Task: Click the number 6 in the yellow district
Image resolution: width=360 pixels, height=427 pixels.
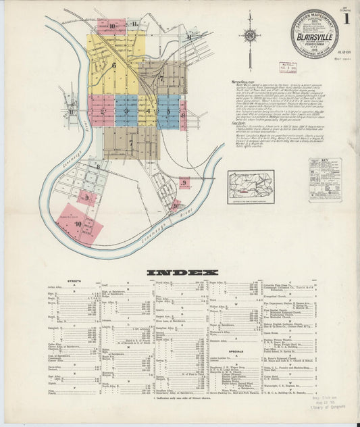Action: coord(115,66)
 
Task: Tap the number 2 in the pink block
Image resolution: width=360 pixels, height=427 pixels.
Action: coord(103,111)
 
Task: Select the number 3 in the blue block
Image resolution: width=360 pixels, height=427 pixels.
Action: coord(126,111)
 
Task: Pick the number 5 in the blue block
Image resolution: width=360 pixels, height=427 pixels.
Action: coord(168,110)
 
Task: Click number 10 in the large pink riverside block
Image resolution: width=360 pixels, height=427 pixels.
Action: coord(78,224)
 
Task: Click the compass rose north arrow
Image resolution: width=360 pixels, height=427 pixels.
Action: coord(250,35)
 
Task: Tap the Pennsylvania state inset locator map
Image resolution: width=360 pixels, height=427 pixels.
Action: coord(251,184)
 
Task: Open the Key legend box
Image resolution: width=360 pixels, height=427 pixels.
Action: coord(325,180)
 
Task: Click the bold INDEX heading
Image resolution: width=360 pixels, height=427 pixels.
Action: coord(180,273)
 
